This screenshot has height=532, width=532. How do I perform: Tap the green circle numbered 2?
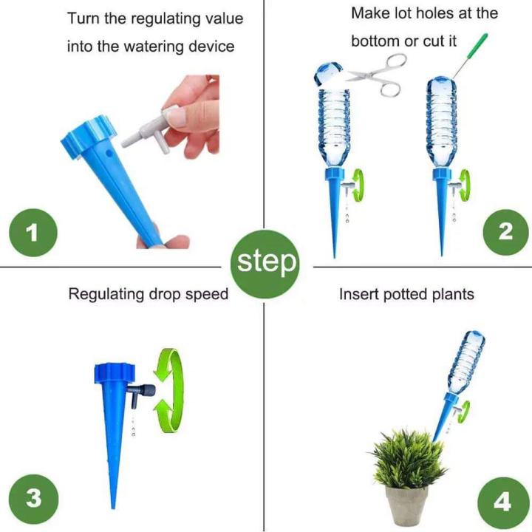(x=505, y=232)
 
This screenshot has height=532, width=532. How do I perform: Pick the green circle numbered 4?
(x=502, y=502)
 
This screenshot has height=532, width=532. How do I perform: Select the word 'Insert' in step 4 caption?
(x=358, y=294)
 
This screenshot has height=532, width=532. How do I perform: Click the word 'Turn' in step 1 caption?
(x=83, y=18)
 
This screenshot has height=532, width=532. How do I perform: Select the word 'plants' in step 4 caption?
(x=452, y=294)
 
